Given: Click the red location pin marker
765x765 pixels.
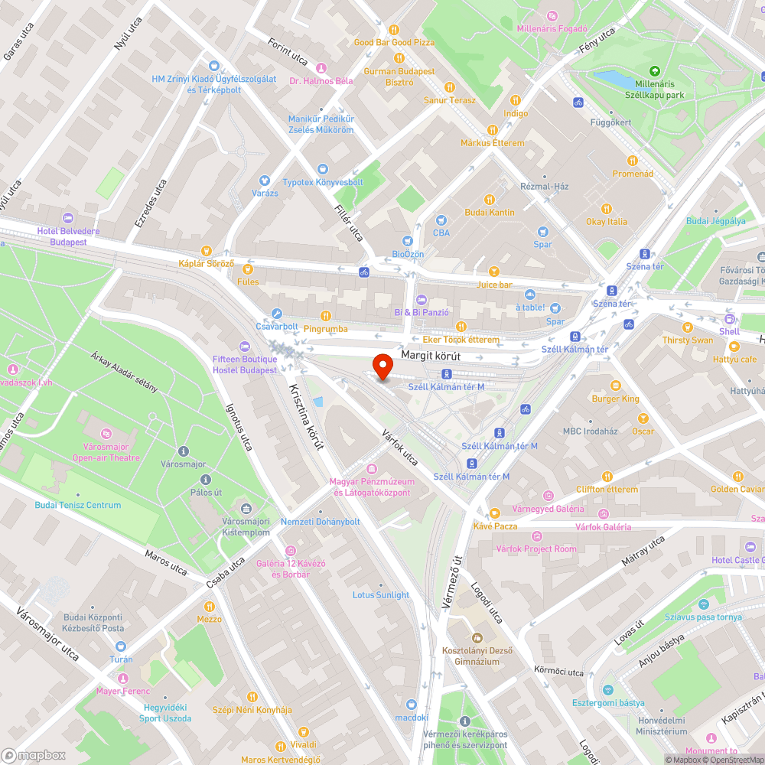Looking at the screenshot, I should pyautogui.click(x=382, y=366).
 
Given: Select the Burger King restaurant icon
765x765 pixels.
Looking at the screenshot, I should pyautogui.click(x=616, y=386).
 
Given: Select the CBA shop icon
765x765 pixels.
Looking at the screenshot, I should pyautogui.click(x=441, y=220).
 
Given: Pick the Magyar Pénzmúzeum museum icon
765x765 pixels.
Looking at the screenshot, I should pyautogui.click(x=372, y=469).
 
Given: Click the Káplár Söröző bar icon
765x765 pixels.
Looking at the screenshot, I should pyautogui.click(x=206, y=251).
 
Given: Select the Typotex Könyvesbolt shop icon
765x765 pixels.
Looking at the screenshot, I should pyautogui.click(x=322, y=169).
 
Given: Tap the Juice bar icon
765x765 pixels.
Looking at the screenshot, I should pyautogui.click(x=494, y=272).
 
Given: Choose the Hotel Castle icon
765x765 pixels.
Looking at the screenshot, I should pyautogui.click(x=750, y=547).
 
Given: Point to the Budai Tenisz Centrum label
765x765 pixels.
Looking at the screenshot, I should pyautogui.click(x=78, y=505).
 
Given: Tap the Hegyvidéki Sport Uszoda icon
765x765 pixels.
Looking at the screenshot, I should pyautogui.click(x=165, y=706).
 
